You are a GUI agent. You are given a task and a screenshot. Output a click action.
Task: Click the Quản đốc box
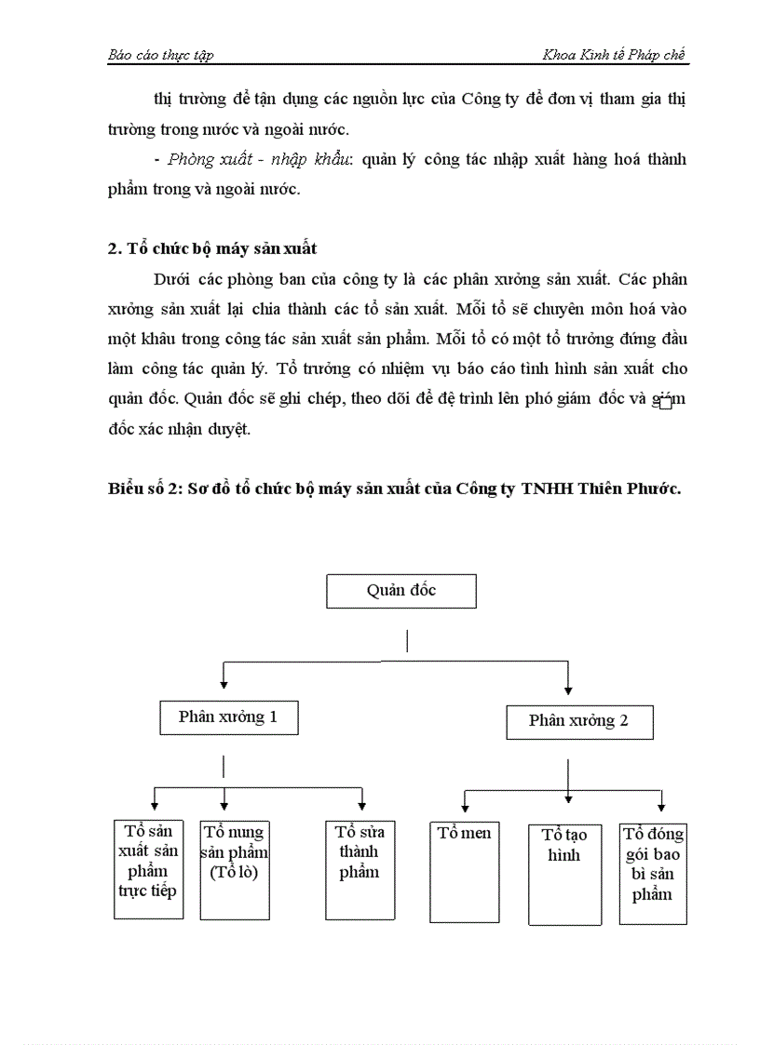point(400,591)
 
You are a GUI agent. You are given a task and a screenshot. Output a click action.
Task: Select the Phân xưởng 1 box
point(227,717)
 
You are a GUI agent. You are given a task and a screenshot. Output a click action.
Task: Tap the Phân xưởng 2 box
point(578,721)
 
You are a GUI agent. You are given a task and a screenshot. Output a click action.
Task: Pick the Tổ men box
point(464,870)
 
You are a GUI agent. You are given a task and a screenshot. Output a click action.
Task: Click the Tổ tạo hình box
point(563,874)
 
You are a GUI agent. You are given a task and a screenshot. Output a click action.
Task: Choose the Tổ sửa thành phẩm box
point(359,867)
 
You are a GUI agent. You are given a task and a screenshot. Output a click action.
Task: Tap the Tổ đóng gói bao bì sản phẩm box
point(652,873)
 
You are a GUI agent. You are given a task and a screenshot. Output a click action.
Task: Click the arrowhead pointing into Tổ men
point(464,808)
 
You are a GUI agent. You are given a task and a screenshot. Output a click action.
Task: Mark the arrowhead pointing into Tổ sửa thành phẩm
point(361,806)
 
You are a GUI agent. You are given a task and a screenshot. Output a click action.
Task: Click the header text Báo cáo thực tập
point(160,55)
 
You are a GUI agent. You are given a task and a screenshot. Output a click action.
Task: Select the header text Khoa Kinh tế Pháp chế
point(614,55)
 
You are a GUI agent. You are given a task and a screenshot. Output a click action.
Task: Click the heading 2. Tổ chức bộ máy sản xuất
point(211,248)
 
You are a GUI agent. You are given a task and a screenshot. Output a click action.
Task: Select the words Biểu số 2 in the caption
point(144,489)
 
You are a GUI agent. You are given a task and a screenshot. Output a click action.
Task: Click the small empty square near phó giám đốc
point(664,403)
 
